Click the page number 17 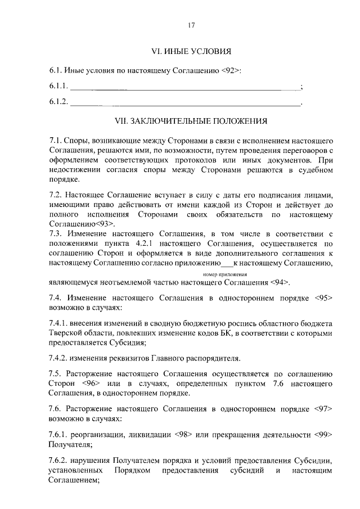click(x=191, y=25)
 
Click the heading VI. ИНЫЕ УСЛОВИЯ click(x=191, y=52)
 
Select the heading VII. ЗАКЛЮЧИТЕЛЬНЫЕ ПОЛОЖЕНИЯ click(x=191, y=120)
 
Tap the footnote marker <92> click(x=230, y=70)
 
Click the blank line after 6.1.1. click(x=185, y=87)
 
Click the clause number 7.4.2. click(x=58, y=357)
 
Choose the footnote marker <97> click(x=322, y=408)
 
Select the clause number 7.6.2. click(x=58, y=460)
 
